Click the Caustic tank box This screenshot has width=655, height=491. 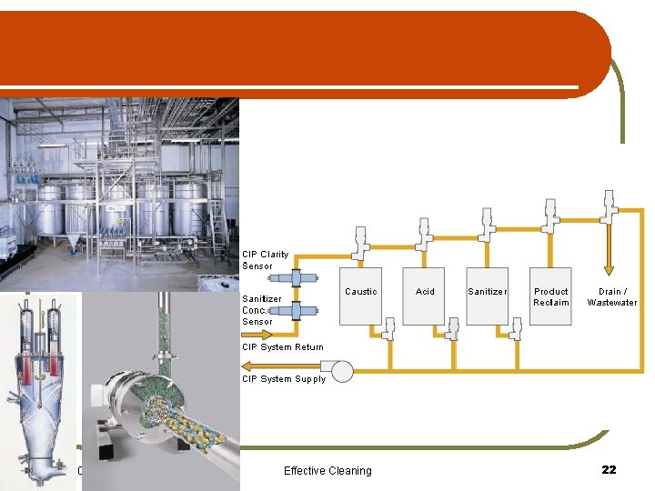point(360,296)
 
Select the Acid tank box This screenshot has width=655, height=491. point(425,296)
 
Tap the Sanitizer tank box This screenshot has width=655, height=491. point(487,296)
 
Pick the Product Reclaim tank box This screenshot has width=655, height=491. point(550,296)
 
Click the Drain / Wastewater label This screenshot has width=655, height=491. point(612,296)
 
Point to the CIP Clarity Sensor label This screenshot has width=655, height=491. point(265,260)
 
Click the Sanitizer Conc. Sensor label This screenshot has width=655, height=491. point(261,310)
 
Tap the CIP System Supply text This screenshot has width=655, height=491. point(283,379)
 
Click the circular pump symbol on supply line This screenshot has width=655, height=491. point(342,371)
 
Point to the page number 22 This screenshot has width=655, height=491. point(609,469)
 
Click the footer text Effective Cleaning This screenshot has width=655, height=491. point(327,470)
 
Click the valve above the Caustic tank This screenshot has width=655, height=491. point(360,241)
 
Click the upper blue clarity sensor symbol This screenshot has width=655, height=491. point(295,279)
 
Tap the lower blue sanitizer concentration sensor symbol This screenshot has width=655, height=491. point(295,311)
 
